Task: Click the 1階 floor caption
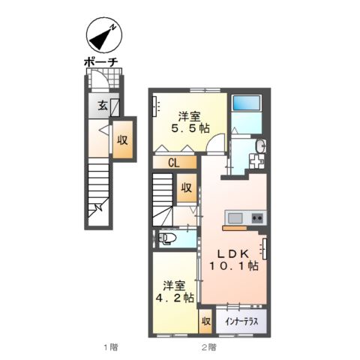(x=110, y=347)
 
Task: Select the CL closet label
(x=173, y=162)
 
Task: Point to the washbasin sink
(x=258, y=145)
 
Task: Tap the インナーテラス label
(x=241, y=321)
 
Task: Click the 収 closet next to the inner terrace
(x=205, y=322)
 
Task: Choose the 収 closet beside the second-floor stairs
(x=187, y=188)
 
